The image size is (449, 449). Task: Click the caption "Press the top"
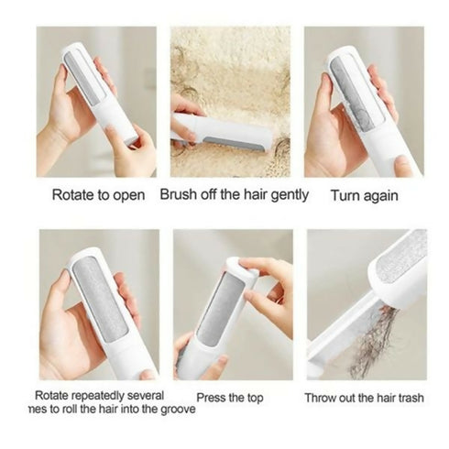[x=232, y=399]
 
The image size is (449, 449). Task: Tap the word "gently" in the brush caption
[x=288, y=194]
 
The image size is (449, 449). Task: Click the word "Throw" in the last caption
[x=323, y=399]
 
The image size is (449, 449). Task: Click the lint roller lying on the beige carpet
[x=224, y=133]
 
